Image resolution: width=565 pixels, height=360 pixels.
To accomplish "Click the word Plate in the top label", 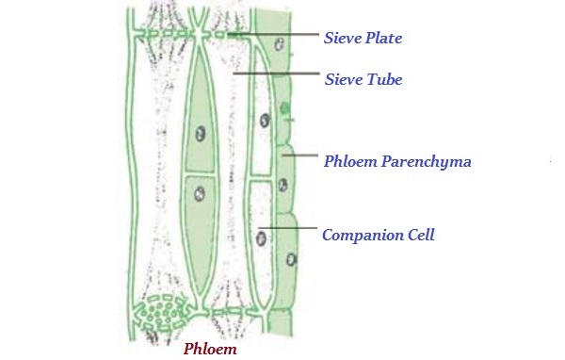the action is coord(381,39).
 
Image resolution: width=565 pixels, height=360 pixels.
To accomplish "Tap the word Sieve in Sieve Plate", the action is coord(342,39).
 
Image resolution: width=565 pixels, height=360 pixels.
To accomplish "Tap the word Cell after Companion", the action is coord(419,235).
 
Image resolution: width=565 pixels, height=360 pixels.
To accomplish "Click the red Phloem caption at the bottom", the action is coord(209,349).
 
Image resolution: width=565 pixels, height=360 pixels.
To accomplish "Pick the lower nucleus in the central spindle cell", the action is coord(199,195).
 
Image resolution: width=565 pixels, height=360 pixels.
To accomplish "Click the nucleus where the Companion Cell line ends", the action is coord(260,237).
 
